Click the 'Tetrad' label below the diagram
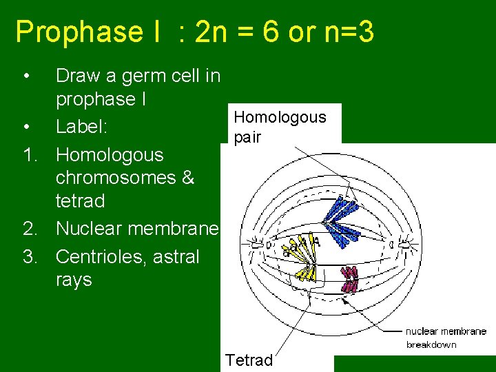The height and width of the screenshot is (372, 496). [x=249, y=360]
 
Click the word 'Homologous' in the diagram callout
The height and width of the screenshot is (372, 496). [x=280, y=117]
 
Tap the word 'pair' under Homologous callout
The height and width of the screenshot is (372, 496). [x=247, y=138]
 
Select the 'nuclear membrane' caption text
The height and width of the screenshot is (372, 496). [x=445, y=331]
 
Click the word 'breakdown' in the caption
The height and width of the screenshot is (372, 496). [x=431, y=344]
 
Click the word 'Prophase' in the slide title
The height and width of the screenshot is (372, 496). [x=70, y=32]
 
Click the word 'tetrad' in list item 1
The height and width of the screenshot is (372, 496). [x=80, y=201]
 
